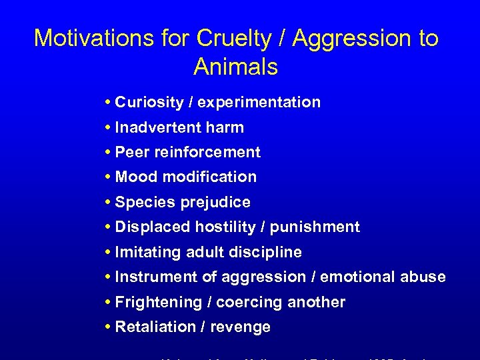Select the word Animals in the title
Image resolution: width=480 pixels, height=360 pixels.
click(235, 67)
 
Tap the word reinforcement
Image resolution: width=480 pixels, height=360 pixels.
click(207, 152)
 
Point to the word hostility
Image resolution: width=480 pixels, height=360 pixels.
click(227, 227)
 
